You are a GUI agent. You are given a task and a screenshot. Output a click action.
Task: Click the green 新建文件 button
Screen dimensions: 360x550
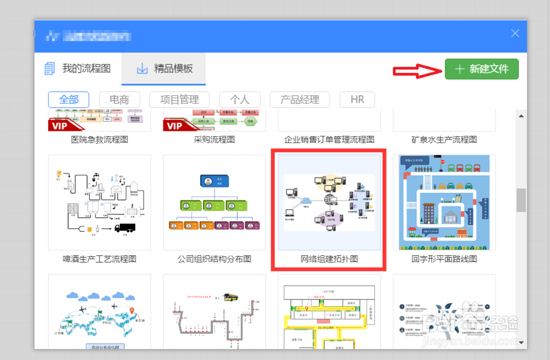[x=481, y=69]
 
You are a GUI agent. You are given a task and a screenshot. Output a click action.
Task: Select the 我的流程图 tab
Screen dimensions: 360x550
[x=79, y=69]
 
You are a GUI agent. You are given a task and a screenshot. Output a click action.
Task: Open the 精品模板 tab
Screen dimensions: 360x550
[x=164, y=69]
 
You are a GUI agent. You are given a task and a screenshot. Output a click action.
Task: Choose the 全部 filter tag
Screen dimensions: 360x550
[x=69, y=100]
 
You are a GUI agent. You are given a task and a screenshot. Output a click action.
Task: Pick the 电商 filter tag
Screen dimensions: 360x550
[x=119, y=100]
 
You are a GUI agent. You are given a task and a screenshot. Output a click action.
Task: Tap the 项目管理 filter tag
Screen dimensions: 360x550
[x=179, y=100]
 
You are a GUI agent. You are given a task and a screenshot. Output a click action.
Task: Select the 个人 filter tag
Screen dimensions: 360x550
[x=239, y=100]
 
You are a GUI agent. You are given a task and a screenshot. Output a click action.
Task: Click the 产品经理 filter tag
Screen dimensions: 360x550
[x=300, y=100]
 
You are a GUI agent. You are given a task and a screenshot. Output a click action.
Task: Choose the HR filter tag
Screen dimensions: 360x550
[x=357, y=100]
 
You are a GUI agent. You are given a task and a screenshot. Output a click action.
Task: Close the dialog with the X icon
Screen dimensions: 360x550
[x=515, y=34]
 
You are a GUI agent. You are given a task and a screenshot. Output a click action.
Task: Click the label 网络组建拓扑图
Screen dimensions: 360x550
[x=329, y=259]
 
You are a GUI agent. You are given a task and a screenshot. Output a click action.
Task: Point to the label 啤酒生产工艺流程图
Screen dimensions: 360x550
[x=100, y=259]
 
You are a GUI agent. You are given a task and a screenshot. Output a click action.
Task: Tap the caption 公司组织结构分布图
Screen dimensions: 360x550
[x=214, y=259]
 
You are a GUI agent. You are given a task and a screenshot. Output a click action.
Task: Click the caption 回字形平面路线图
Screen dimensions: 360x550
[x=444, y=259]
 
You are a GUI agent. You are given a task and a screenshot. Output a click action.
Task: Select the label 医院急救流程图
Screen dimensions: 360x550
[x=100, y=140]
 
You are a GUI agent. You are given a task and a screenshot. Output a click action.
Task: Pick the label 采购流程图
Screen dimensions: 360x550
[x=214, y=140]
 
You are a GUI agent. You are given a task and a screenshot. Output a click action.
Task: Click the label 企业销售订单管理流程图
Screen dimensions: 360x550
[x=329, y=140]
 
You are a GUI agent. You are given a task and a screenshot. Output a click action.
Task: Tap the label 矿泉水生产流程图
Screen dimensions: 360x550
[x=444, y=140]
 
